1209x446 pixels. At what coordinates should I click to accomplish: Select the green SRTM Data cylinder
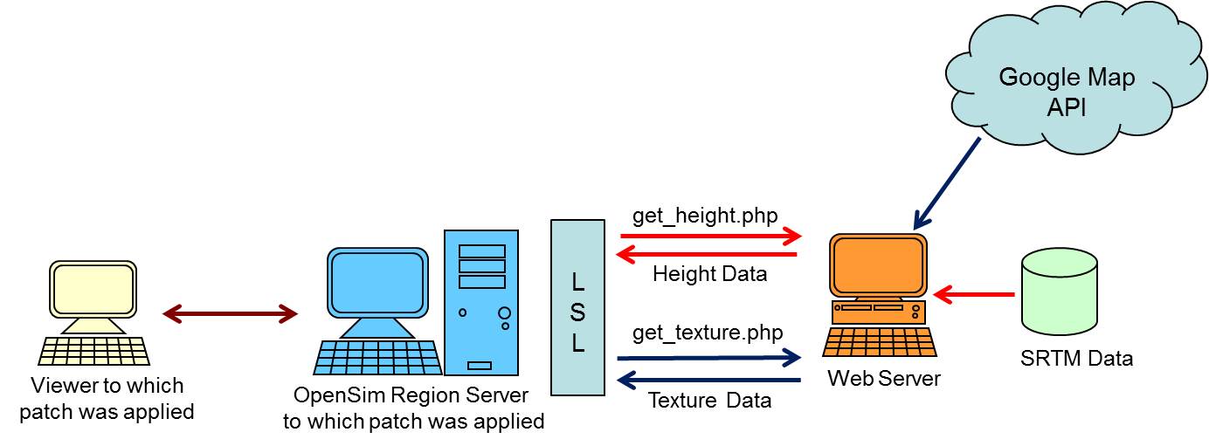[1060, 293]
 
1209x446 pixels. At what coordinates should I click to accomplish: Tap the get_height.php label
[704, 216]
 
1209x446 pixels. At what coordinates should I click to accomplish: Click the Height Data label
[709, 274]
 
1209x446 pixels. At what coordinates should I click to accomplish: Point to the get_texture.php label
[708, 333]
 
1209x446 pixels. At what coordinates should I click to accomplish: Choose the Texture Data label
[709, 401]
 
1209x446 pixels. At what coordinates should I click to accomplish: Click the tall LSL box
[577, 307]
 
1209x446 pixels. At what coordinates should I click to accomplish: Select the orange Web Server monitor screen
[879, 266]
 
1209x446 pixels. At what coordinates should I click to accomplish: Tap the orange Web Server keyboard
[880, 341]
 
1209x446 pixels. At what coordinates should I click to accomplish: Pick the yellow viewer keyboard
[94, 350]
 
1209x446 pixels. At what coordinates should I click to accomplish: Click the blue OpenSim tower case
[481, 302]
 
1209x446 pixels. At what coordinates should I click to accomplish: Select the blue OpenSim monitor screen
[378, 283]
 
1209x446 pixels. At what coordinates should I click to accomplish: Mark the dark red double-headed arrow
[231, 313]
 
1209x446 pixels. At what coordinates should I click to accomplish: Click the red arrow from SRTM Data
[973, 294]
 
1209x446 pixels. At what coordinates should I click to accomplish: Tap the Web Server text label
[884, 379]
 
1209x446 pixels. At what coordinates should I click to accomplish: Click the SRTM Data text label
[1076, 358]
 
